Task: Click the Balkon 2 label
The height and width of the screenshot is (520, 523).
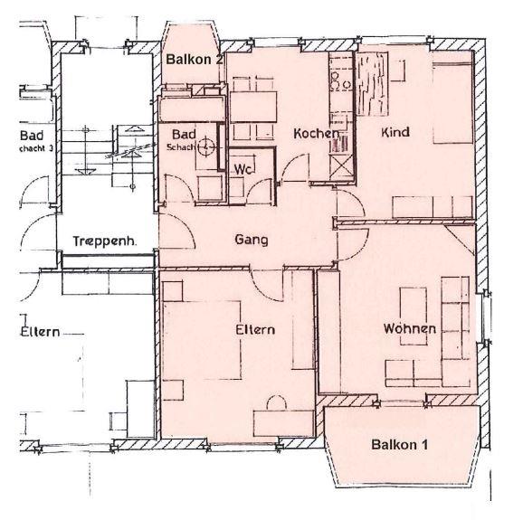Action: pyautogui.click(x=195, y=60)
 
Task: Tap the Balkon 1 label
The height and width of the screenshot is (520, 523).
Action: pyautogui.click(x=399, y=445)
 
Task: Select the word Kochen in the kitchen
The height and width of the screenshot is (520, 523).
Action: pyautogui.click(x=316, y=134)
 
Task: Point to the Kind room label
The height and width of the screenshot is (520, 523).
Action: pyautogui.click(x=395, y=133)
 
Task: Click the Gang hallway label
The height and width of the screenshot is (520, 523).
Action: pyautogui.click(x=251, y=240)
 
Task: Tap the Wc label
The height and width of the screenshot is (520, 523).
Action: pyautogui.click(x=242, y=169)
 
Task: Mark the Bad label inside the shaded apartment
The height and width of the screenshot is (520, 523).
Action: pyautogui.click(x=184, y=135)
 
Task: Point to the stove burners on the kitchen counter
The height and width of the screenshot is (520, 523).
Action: pyautogui.click(x=341, y=80)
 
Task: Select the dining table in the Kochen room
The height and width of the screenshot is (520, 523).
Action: pyautogui.click(x=255, y=101)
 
